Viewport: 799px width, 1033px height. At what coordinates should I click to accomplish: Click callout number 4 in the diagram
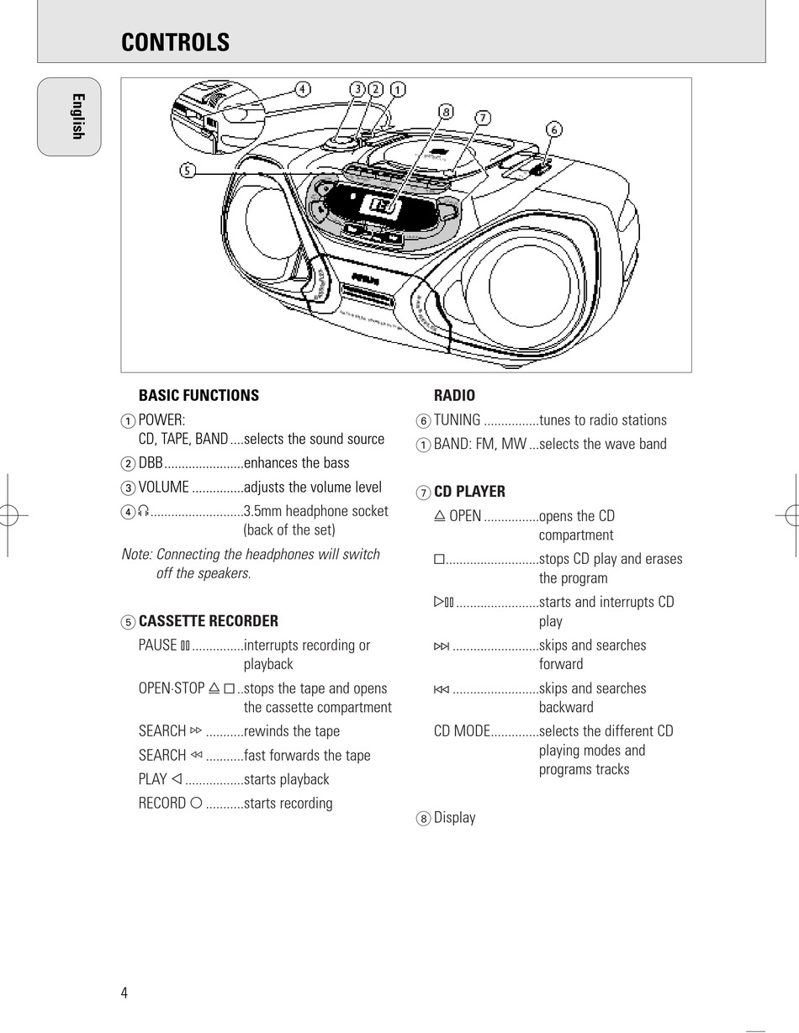coord(303,88)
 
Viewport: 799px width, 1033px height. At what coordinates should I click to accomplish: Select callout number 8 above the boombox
coord(446,111)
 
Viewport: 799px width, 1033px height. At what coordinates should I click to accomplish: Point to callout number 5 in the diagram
coord(187,171)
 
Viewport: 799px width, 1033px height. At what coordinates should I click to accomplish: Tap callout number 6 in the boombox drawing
coord(553,129)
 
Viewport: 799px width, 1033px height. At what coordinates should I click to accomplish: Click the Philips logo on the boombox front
coord(365,277)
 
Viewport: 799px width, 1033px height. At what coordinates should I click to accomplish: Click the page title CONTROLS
coord(175,43)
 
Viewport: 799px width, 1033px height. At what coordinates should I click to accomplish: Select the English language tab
coord(76,117)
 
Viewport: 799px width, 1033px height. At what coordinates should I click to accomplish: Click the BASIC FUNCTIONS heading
coord(198,395)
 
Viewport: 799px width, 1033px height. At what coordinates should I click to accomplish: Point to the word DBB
coord(151,463)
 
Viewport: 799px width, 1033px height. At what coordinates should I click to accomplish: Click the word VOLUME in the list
coord(163,488)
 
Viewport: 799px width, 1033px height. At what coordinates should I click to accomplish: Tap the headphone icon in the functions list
coord(144,511)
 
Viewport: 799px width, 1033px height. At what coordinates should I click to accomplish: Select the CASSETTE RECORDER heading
coord(208,621)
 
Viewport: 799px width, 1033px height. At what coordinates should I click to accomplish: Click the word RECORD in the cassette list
coord(162,804)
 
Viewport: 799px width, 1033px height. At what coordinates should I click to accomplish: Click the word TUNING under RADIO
coord(457,420)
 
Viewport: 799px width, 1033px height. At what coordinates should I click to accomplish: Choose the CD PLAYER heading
coord(469,492)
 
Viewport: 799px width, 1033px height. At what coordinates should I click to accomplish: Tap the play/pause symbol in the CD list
coord(443,602)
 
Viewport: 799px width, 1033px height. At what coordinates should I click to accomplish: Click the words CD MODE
coord(462,731)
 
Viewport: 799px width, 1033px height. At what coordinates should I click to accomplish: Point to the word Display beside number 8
coord(454,818)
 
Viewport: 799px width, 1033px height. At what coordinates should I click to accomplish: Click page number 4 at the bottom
coord(124,993)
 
